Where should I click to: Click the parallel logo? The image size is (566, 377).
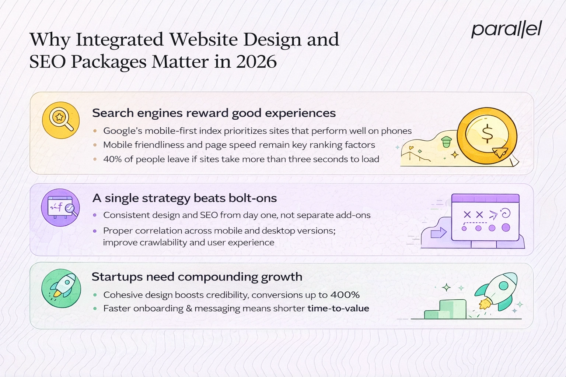click(x=506, y=29)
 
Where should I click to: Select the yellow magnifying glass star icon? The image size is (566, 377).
click(x=61, y=120)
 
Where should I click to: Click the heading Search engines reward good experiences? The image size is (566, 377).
click(x=214, y=113)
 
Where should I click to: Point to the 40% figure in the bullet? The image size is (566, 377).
click(x=112, y=159)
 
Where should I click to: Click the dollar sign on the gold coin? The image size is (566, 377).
click(x=487, y=134)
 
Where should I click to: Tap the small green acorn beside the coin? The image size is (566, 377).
click(x=446, y=141)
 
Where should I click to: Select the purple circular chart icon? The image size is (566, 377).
click(x=60, y=208)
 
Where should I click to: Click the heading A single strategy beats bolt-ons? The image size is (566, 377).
click(x=184, y=198)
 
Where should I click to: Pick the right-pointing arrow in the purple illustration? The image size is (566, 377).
click(x=439, y=233)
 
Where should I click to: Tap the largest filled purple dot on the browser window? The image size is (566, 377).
click(x=506, y=228)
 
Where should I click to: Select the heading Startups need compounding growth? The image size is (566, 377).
click(x=197, y=276)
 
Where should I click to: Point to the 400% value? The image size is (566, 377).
click(x=345, y=295)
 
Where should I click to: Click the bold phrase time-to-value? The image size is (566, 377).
click(x=338, y=309)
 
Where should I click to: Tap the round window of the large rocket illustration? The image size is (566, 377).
click(x=503, y=285)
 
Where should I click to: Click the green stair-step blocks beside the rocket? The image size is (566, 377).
click(x=446, y=310)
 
